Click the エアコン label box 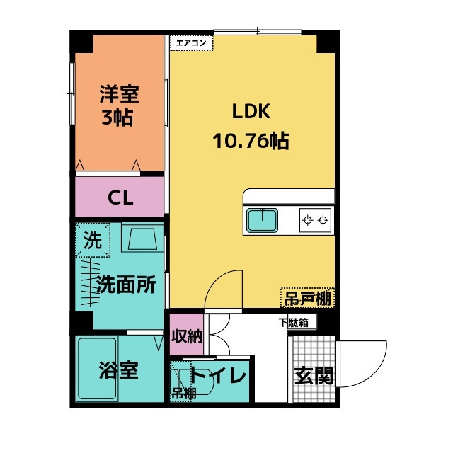[x=191, y=42]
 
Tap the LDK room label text [x=249, y=112]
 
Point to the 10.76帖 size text [x=250, y=141]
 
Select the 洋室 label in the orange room [x=118, y=94]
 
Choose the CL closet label [x=120, y=197]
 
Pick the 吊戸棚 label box [x=307, y=298]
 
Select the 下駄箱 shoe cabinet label [x=292, y=323]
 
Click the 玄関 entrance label [x=313, y=374]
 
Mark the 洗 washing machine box [x=93, y=240]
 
